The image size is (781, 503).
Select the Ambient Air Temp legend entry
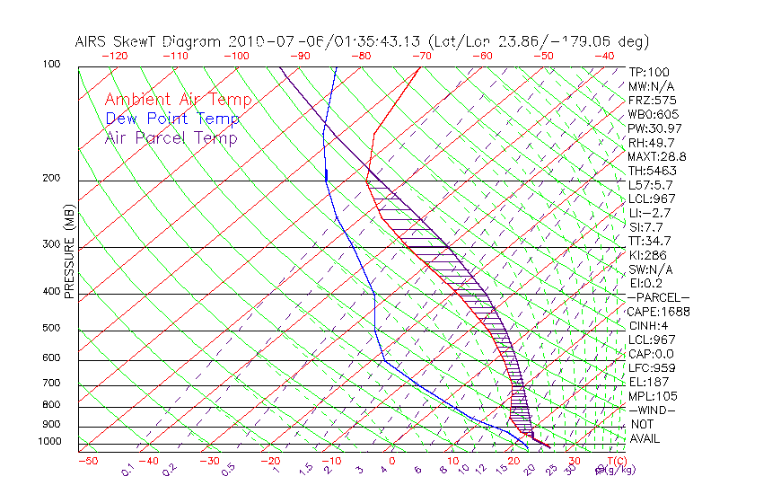178,100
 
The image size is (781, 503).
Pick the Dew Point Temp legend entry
172,119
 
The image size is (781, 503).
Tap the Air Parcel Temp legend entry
171,137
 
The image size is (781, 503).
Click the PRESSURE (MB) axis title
69,255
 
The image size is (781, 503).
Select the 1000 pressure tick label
51,442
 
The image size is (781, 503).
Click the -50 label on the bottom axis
87,462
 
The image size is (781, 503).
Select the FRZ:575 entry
646,101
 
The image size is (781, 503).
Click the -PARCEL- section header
658,297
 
